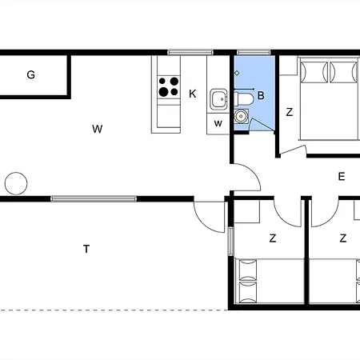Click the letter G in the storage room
pyautogui.click(x=31, y=74)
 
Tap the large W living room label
pyautogui.click(x=98, y=129)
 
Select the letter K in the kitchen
pyautogui.click(x=193, y=94)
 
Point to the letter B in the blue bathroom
pyautogui.click(x=261, y=95)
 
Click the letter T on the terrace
pyautogui.click(x=86, y=249)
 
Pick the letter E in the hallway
pyautogui.click(x=342, y=177)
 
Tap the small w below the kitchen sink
pyautogui.click(x=218, y=123)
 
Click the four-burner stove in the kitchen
pyautogui.click(x=169, y=87)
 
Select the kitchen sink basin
pyautogui.click(x=218, y=99)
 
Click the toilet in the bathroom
pyautogui.click(x=244, y=99)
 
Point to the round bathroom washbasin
pyautogui.click(x=241, y=116)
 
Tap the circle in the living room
pyautogui.click(x=16, y=183)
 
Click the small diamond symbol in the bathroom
pyautogui.click(x=237, y=73)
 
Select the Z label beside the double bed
pyautogui.click(x=290, y=112)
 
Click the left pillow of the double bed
pyautogui.click(x=314, y=72)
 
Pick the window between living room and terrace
pyautogui.click(x=94, y=198)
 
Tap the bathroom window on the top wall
pyautogui.click(x=254, y=52)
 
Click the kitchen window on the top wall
pyautogui.click(x=190, y=52)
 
